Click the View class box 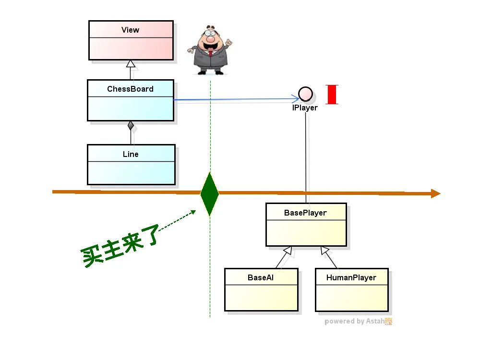click(131, 40)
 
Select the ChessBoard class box click(130, 100)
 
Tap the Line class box click(131, 164)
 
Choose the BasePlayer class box click(306, 225)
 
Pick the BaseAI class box click(261, 289)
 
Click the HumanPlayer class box click(351, 289)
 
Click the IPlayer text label click(305, 108)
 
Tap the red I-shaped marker click(332, 94)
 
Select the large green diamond click(209, 193)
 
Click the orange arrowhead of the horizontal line click(435, 193)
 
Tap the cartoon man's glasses click(210, 34)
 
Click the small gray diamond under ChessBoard click(131, 126)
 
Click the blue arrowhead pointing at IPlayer click(295, 99)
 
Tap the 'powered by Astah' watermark click(358, 322)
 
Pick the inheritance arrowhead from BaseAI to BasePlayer click(288, 250)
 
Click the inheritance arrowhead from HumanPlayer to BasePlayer click(325, 250)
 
